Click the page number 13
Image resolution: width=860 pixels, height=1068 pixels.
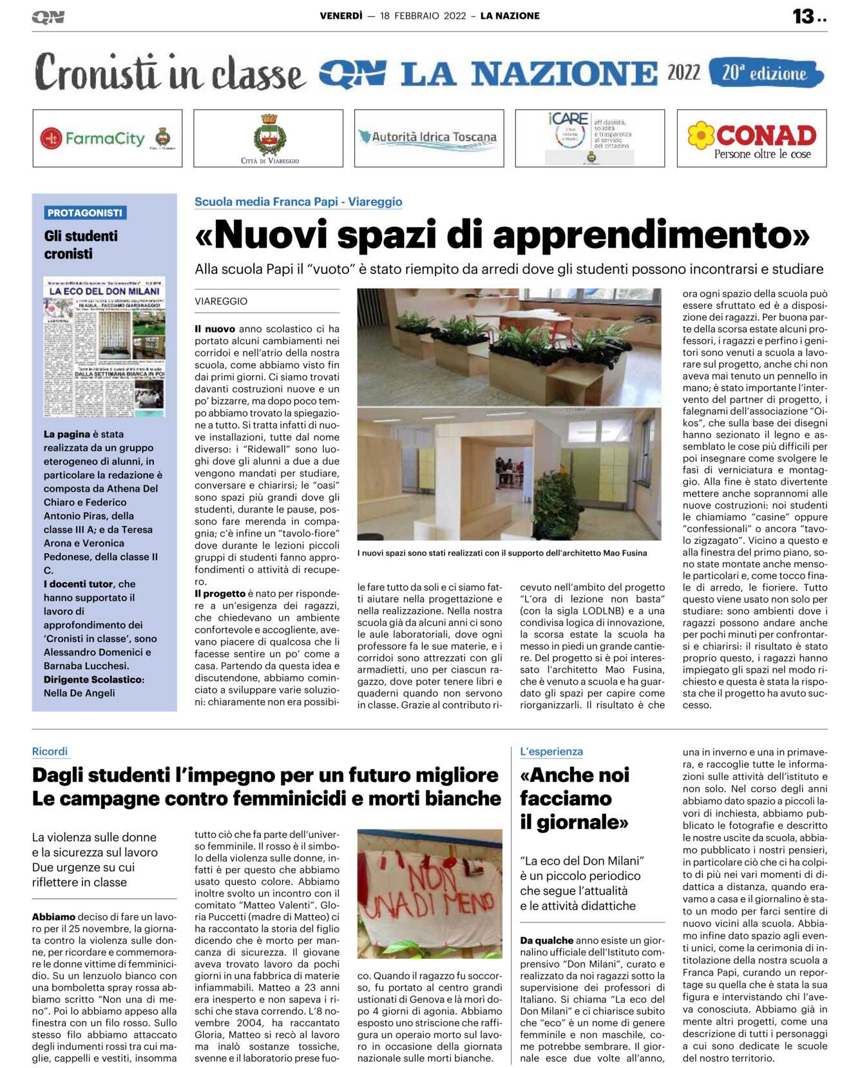coord(803,16)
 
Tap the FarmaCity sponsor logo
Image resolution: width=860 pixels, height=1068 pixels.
coord(107,138)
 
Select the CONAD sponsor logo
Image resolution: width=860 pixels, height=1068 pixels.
coord(752,139)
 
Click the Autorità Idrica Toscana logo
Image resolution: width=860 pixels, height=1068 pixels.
coord(429,137)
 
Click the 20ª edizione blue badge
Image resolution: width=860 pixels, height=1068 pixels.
coord(765,73)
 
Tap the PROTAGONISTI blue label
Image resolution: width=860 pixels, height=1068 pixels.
coord(85,213)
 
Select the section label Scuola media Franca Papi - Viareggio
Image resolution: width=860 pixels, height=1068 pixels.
coord(298,202)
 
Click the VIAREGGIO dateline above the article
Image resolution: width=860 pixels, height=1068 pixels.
coord(221,301)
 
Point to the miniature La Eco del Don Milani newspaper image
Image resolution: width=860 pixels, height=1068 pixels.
coord(104,346)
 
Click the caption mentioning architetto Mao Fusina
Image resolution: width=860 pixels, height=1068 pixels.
coord(502,552)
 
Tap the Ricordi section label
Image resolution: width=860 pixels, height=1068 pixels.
coord(50,751)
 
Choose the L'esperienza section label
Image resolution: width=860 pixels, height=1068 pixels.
coord(551,751)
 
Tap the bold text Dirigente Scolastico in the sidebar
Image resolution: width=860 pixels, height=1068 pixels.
coord(94,679)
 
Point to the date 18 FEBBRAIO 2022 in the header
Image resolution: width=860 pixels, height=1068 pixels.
coord(423,16)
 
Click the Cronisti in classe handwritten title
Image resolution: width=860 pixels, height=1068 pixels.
coord(169,73)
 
